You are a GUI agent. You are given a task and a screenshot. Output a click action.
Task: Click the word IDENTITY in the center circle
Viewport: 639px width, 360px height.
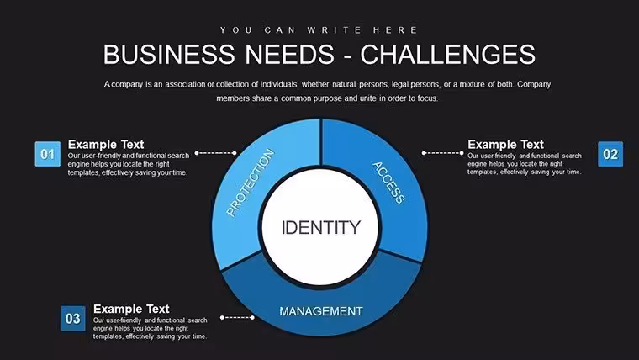click(321, 227)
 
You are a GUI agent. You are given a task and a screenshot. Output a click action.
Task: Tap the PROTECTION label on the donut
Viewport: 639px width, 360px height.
click(251, 183)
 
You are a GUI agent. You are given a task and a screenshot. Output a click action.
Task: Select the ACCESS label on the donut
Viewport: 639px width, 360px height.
click(388, 183)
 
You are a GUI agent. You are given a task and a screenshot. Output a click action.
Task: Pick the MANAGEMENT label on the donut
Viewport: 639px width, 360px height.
click(321, 311)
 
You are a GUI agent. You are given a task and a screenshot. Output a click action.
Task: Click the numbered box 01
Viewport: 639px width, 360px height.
click(48, 154)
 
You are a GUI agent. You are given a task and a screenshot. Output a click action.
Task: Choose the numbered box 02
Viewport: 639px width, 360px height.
click(610, 154)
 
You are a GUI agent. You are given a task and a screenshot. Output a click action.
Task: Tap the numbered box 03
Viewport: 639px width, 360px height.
click(73, 319)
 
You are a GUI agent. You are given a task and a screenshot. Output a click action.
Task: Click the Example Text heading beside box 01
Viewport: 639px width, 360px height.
click(106, 145)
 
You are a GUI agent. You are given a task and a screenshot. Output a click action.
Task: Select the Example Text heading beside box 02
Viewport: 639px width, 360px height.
click(506, 145)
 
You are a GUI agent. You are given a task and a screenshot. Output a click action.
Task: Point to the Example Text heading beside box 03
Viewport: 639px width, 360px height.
click(131, 309)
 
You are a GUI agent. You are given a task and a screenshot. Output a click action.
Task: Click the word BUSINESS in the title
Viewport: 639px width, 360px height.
click(170, 54)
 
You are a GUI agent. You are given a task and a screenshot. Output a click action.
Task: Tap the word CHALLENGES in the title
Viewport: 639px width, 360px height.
click(448, 54)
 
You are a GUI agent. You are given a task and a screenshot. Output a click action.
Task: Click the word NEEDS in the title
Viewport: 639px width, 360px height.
click(290, 54)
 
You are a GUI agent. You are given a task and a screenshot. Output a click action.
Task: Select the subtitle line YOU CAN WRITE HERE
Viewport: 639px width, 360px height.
click(319, 30)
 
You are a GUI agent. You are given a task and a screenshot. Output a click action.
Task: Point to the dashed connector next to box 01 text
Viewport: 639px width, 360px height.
click(215, 153)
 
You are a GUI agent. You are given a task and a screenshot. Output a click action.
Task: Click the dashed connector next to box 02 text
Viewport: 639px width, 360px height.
click(443, 153)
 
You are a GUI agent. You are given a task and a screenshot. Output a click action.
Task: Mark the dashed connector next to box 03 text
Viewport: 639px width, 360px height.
click(237, 317)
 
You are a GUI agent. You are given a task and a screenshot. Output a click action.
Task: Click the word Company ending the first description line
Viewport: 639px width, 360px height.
click(534, 84)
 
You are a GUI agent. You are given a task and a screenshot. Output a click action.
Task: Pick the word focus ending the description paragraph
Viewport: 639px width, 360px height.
click(427, 98)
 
